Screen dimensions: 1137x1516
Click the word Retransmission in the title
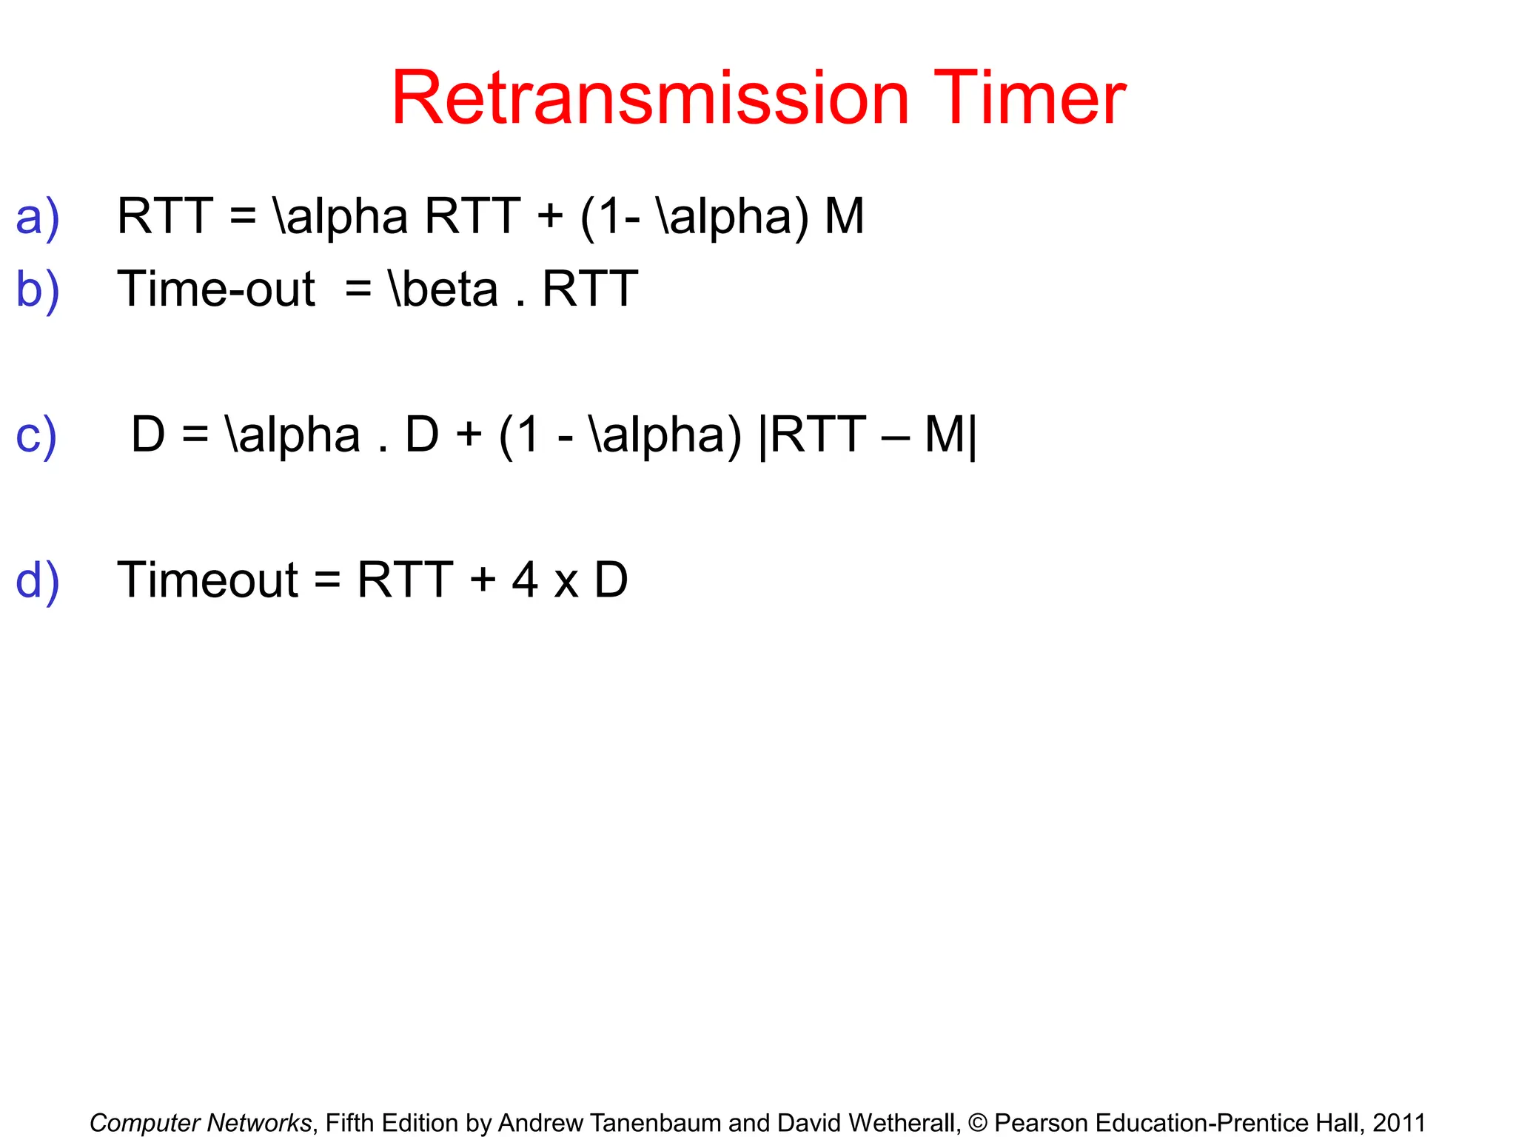pyautogui.click(x=650, y=98)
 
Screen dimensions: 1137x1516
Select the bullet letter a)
pyautogui.click(x=37, y=217)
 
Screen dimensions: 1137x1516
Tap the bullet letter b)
pyautogui.click(x=37, y=289)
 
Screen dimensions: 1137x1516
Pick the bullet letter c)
pyautogui.click(x=36, y=435)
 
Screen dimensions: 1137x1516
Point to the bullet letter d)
pyautogui.click(x=37, y=580)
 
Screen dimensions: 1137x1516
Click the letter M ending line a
pyautogui.click(x=844, y=216)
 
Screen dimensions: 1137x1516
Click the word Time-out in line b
pyautogui.click(x=216, y=289)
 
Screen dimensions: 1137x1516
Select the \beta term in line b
pyautogui.click(x=443, y=289)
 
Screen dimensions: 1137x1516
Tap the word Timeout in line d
pyautogui.click(x=207, y=580)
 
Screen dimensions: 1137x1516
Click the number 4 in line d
pyautogui.click(x=524, y=580)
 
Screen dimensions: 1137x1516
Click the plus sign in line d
pyautogui.click(x=482, y=580)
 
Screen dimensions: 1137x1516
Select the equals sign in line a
pyautogui.click(x=243, y=217)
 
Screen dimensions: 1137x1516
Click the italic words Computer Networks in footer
pyautogui.click(x=201, y=1123)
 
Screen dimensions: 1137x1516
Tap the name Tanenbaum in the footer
pyautogui.click(x=663, y=1123)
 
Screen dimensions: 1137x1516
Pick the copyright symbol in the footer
pyautogui.click(x=977, y=1123)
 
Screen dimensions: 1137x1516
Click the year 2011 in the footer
pyautogui.click(x=1398, y=1123)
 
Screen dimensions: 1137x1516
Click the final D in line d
pyautogui.click(x=611, y=580)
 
